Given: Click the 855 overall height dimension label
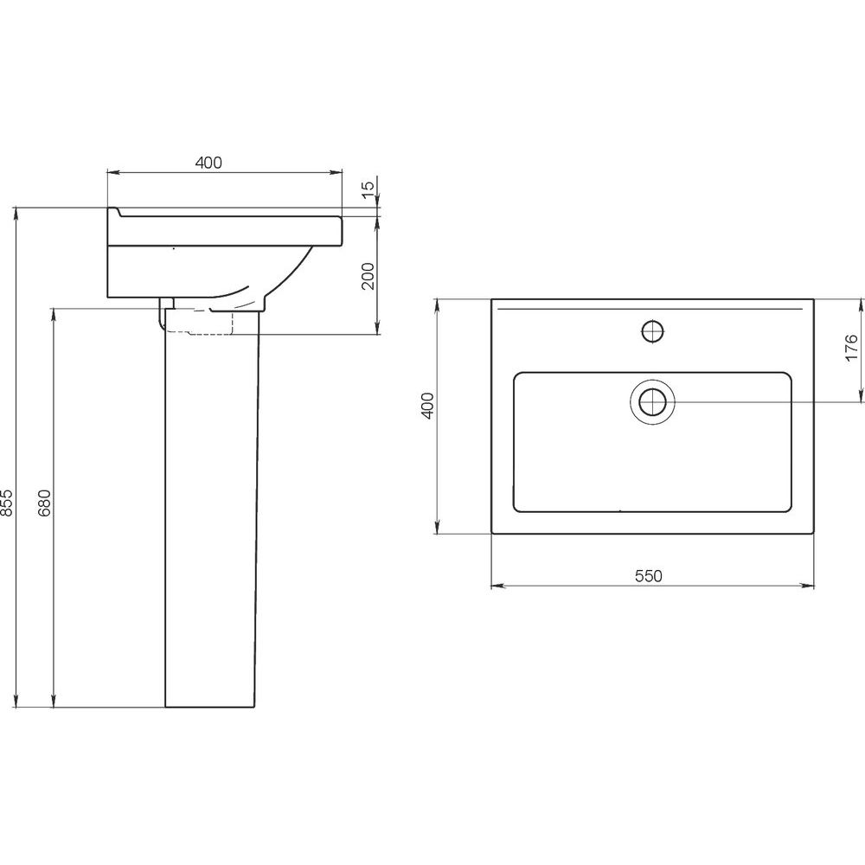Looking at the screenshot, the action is pyautogui.click(x=6, y=502).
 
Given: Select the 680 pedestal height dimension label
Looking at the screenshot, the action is pyautogui.click(x=44, y=502).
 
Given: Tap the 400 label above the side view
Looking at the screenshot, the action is pyautogui.click(x=208, y=163).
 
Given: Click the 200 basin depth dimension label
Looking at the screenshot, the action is pyautogui.click(x=368, y=276).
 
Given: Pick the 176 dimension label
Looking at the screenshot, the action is pyautogui.click(x=851, y=348).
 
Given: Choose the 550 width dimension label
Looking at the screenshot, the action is pyautogui.click(x=648, y=576).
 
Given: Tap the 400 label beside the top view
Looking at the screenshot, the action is pyautogui.click(x=428, y=406).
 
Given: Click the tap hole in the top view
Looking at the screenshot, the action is pyautogui.click(x=652, y=331).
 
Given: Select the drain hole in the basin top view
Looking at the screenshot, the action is pyautogui.click(x=652, y=401).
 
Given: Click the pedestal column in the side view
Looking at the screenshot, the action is pyautogui.click(x=212, y=508).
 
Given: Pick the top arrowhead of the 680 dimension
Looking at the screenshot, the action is pyautogui.click(x=54, y=315).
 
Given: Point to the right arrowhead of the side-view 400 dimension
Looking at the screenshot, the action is pyautogui.click(x=336, y=173).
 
